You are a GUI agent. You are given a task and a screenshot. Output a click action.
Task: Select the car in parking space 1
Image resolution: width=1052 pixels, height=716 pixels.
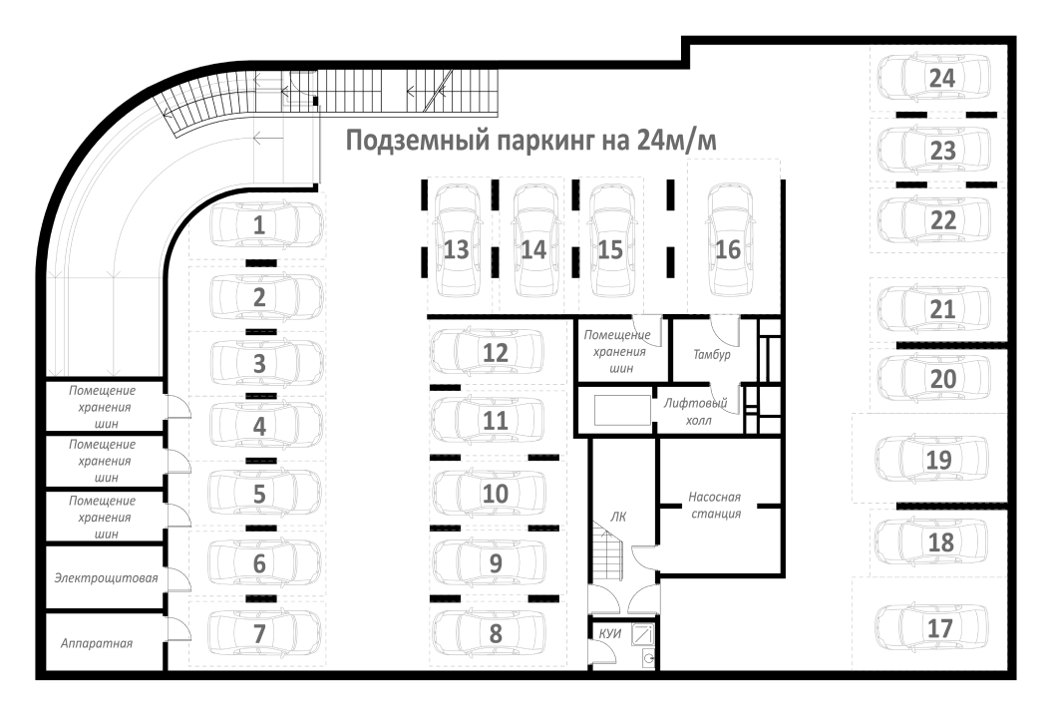point(266,224)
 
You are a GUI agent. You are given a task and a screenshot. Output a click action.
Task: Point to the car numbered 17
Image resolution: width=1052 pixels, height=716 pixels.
point(932,627)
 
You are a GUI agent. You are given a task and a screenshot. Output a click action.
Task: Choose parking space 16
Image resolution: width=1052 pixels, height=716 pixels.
point(731,240)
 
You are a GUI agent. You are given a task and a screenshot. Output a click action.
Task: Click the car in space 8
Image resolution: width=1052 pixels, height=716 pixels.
point(489,632)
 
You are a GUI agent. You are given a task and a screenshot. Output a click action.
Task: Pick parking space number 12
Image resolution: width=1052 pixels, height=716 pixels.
point(496,352)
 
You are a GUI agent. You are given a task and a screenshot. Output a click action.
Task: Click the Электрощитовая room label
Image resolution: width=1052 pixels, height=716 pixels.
point(106,577)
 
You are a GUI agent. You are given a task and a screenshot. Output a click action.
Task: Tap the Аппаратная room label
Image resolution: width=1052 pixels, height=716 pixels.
point(97,643)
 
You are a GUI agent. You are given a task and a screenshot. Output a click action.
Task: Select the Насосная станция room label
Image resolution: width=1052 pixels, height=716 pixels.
point(715,506)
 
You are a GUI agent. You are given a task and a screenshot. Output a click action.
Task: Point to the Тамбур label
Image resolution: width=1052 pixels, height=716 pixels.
point(711,354)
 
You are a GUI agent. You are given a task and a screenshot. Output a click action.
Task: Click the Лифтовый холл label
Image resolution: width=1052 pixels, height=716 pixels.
point(696,411)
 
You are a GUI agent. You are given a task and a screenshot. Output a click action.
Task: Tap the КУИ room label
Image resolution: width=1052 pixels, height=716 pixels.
point(610,633)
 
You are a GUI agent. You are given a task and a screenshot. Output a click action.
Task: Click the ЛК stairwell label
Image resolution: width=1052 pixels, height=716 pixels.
point(618,516)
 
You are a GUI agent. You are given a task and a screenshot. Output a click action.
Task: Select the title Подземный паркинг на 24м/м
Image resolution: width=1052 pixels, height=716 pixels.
point(530,141)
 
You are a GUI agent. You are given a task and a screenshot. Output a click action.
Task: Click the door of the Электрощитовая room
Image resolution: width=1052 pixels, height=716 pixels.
point(177,578)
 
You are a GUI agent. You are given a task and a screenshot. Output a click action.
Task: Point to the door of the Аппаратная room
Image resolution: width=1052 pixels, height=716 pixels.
point(177,628)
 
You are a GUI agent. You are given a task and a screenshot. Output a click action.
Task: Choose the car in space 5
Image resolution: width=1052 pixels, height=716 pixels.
point(265,494)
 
